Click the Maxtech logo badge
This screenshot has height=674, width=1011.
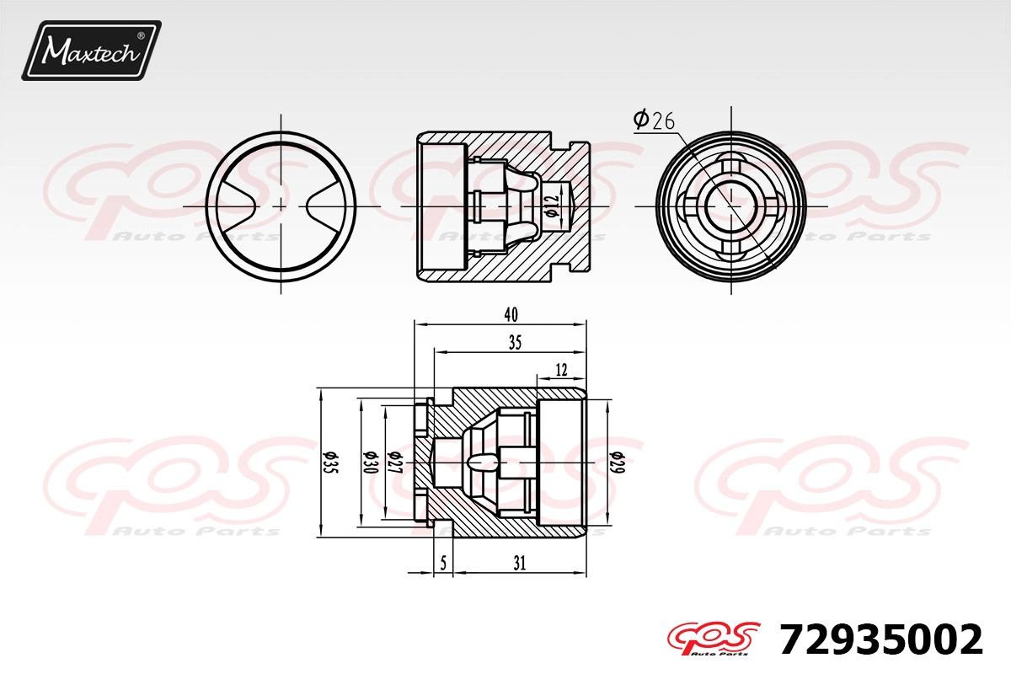(x=91, y=51)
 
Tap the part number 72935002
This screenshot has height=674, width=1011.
(x=881, y=639)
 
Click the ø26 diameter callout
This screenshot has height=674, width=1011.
(x=654, y=120)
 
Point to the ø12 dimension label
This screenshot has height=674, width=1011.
(x=552, y=206)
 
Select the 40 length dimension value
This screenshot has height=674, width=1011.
(x=511, y=314)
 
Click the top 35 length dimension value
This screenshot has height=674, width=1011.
(x=515, y=343)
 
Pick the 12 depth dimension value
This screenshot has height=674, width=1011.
(x=561, y=370)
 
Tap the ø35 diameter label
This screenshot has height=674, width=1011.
(x=331, y=463)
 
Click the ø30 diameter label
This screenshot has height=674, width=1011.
(x=370, y=463)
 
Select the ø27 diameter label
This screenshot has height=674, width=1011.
(x=394, y=463)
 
